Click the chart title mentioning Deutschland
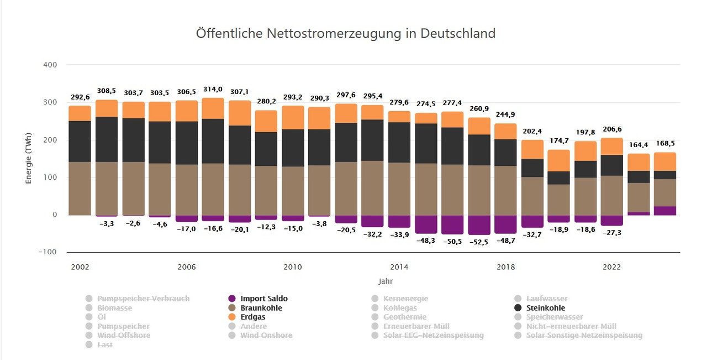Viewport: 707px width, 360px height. click(x=346, y=33)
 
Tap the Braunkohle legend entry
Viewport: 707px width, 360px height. click(x=261, y=308)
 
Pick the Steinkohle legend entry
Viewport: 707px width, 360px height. click(x=546, y=308)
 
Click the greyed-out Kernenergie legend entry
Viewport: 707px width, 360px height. click(x=405, y=299)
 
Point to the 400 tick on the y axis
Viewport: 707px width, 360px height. click(x=50, y=65)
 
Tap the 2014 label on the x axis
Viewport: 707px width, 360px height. click(x=399, y=267)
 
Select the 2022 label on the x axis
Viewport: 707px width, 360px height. click(x=611, y=267)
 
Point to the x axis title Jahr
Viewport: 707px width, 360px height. click(x=386, y=281)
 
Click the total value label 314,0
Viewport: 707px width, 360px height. click(x=213, y=89)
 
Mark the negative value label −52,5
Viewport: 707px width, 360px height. click(x=479, y=242)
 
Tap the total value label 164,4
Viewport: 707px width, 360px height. click(x=639, y=145)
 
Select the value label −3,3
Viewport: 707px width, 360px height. click(x=107, y=223)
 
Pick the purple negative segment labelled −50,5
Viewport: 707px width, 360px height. click(x=452, y=225)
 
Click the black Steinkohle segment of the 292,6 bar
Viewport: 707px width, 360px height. click(x=80, y=141)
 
